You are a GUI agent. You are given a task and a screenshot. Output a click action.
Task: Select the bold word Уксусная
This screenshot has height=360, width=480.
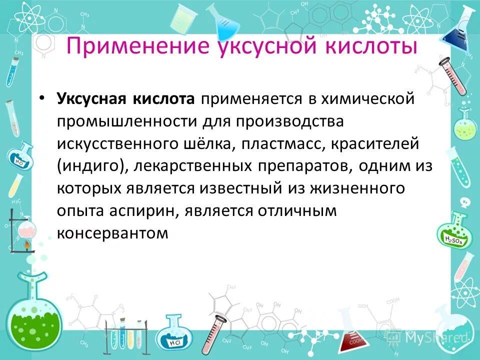pyautogui.click(x=91, y=98)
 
